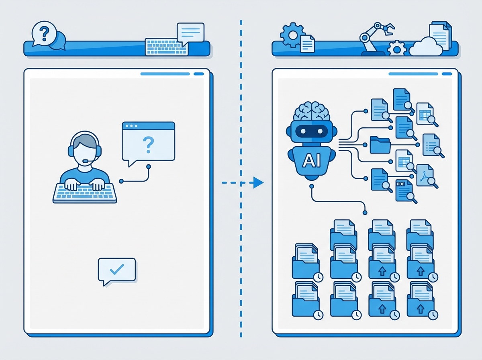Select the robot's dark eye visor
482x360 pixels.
point(312,132)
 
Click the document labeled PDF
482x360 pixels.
point(403,190)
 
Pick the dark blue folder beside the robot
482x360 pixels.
point(380,145)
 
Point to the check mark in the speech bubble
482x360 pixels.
point(116,269)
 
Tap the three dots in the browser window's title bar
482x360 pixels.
point(131,126)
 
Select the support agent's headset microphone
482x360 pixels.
point(85,162)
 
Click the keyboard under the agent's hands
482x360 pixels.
point(85,193)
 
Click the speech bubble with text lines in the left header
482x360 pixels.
point(190,33)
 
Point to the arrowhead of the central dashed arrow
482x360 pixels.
point(258,183)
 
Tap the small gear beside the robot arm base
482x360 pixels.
point(397,49)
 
